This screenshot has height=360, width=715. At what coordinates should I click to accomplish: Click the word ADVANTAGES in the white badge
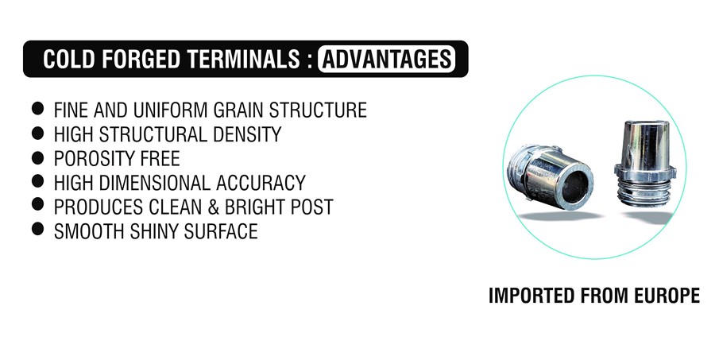387,60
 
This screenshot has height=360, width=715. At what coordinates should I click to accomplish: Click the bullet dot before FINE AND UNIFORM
38,109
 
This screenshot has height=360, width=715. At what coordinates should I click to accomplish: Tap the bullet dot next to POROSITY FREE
38,157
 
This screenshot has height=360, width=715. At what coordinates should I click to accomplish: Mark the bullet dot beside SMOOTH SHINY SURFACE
38,228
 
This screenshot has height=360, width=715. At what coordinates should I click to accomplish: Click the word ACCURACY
261,183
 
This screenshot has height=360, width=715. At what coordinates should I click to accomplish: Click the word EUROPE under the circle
667,296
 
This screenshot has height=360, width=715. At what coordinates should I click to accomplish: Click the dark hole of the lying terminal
574,187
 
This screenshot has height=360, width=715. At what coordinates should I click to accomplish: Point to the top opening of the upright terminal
646,124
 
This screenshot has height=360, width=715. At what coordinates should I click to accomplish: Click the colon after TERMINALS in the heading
310,60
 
